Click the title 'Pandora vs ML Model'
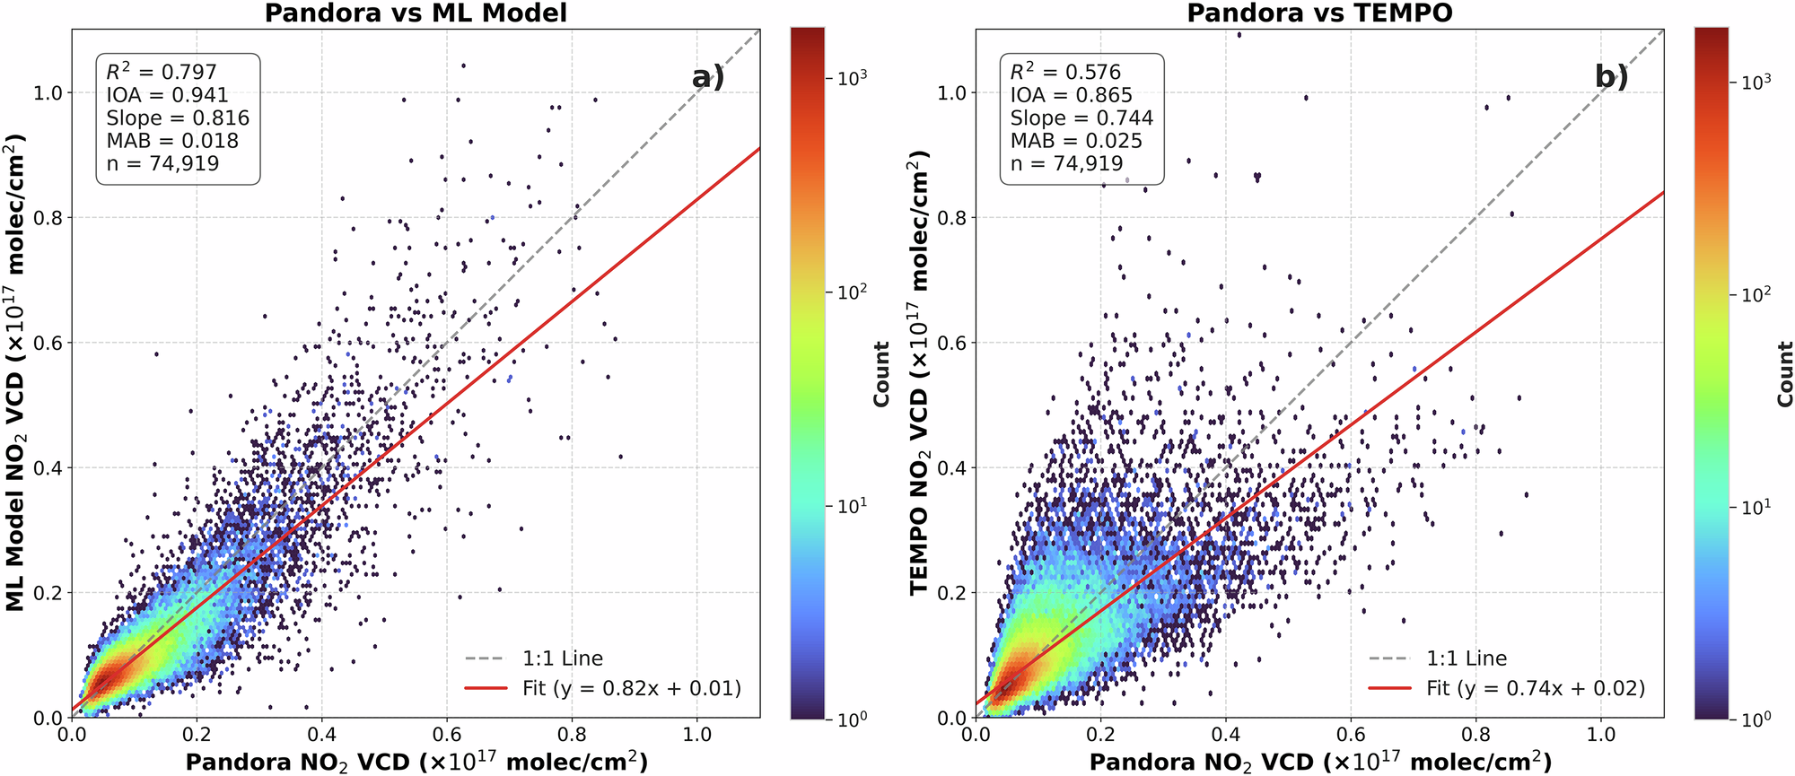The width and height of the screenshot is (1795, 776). (416, 13)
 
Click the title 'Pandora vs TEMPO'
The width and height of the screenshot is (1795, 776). (1319, 13)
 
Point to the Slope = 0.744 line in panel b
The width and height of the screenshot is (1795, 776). (1081, 118)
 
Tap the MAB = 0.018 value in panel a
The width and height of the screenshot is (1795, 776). (172, 141)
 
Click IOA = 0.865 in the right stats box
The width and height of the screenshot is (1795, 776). (1071, 95)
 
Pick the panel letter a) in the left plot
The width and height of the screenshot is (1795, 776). (707, 78)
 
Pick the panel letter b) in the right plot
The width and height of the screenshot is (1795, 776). (1611, 78)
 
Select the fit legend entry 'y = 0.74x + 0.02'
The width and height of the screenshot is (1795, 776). (1536, 688)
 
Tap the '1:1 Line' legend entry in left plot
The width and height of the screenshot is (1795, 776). (563, 658)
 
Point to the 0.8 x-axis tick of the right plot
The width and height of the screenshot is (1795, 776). (1476, 734)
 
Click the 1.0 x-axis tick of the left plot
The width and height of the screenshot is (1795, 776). (697, 734)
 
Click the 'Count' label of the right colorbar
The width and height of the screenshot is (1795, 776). (1784, 373)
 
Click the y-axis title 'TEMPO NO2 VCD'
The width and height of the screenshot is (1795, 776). (918, 372)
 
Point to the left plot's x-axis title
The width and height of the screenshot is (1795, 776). (416, 762)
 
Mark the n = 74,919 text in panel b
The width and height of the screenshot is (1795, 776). (1066, 163)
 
